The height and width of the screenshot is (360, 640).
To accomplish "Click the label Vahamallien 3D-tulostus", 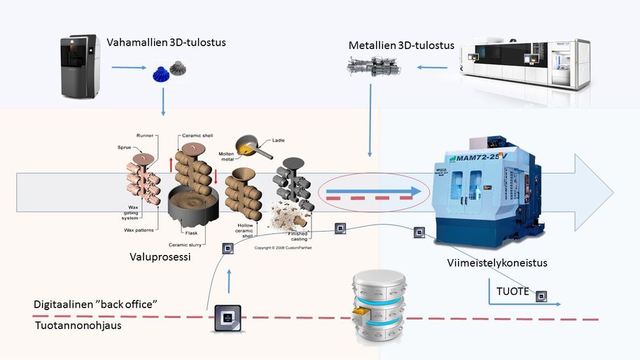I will [167, 43].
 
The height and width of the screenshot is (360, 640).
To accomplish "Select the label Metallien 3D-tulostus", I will [401, 46].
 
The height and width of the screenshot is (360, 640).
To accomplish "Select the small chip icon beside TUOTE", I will [541, 296].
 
